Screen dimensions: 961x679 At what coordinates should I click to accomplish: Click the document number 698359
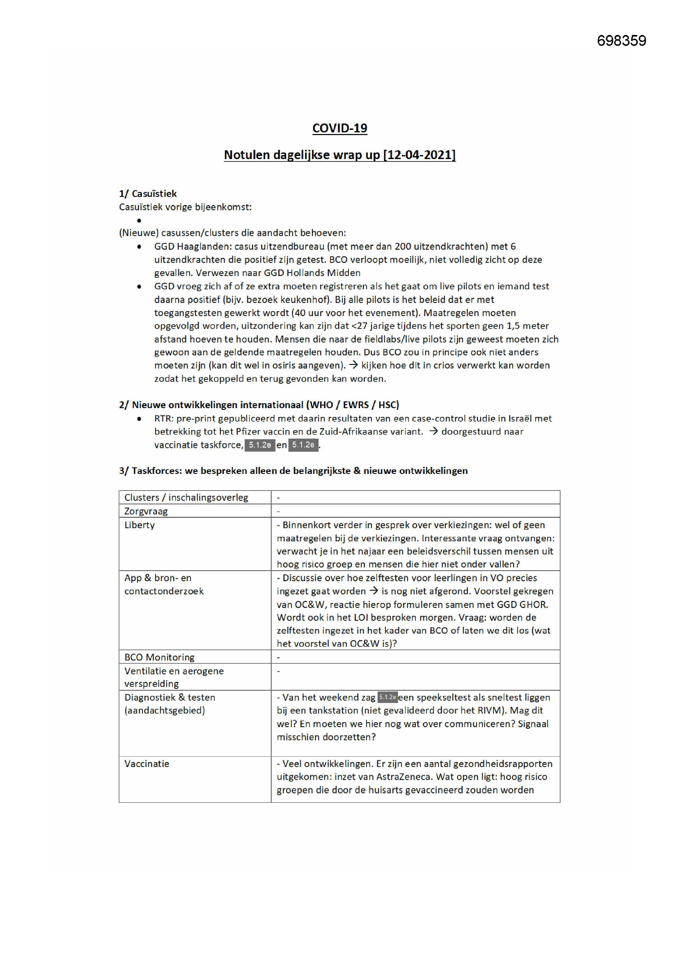621,41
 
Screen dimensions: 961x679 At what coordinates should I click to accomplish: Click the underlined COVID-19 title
339,128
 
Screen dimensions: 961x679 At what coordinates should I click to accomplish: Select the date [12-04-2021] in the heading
420,155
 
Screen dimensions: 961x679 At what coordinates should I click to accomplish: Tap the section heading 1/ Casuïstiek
148,194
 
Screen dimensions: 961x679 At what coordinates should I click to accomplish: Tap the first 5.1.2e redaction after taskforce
259,445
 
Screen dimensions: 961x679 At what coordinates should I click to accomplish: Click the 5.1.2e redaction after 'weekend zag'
387,697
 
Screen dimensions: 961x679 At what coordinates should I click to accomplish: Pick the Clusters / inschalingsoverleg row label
186,498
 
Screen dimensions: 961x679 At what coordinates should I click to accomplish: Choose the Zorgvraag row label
146,511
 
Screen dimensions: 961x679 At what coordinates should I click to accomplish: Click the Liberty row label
140,525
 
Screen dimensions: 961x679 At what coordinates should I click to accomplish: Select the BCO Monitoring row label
159,657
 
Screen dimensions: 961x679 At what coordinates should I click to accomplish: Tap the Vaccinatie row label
147,763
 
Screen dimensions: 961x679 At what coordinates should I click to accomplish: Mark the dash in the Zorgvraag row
278,511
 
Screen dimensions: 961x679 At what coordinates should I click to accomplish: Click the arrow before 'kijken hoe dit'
353,365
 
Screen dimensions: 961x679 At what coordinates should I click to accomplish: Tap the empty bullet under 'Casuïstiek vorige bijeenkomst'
139,221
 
